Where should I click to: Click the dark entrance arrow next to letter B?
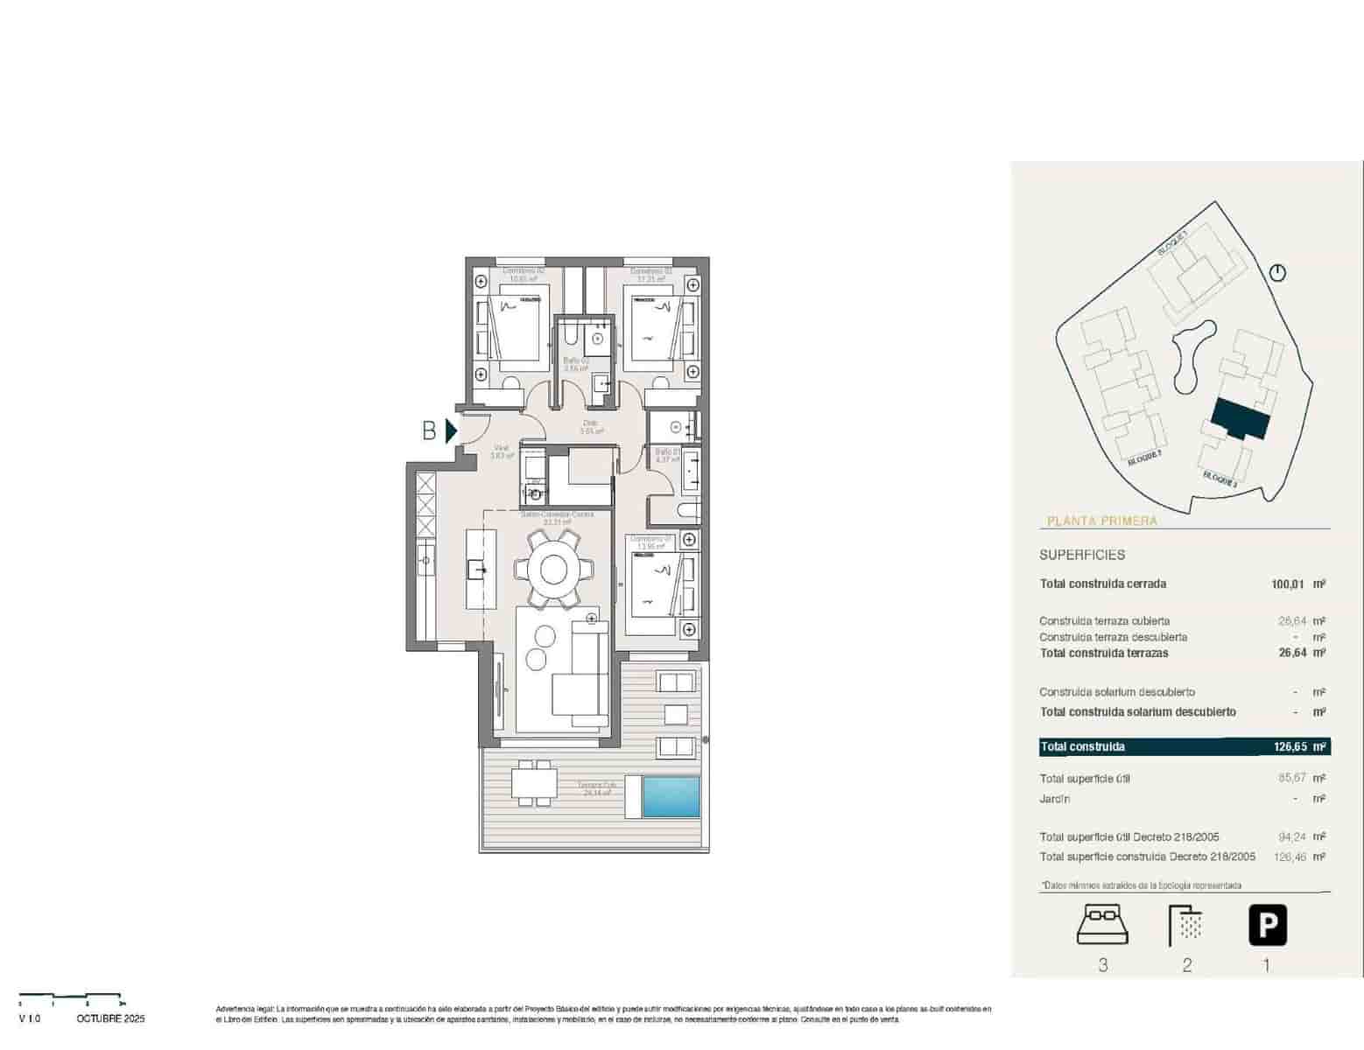click(451, 430)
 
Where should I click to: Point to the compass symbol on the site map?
click(1278, 273)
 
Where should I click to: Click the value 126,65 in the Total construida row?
click(1290, 746)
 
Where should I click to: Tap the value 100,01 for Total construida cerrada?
click(1289, 584)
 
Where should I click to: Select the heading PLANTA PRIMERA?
click(1101, 521)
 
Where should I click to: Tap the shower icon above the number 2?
click(1186, 925)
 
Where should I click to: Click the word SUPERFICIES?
click(1082, 555)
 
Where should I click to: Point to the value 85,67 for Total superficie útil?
click(1292, 778)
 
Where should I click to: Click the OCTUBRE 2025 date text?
click(110, 1018)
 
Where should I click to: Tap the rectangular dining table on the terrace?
click(532, 782)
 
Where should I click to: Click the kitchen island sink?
click(479, 570)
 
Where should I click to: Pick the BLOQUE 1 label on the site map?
click(1173, 243)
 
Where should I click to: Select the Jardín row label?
click(1055, 799)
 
